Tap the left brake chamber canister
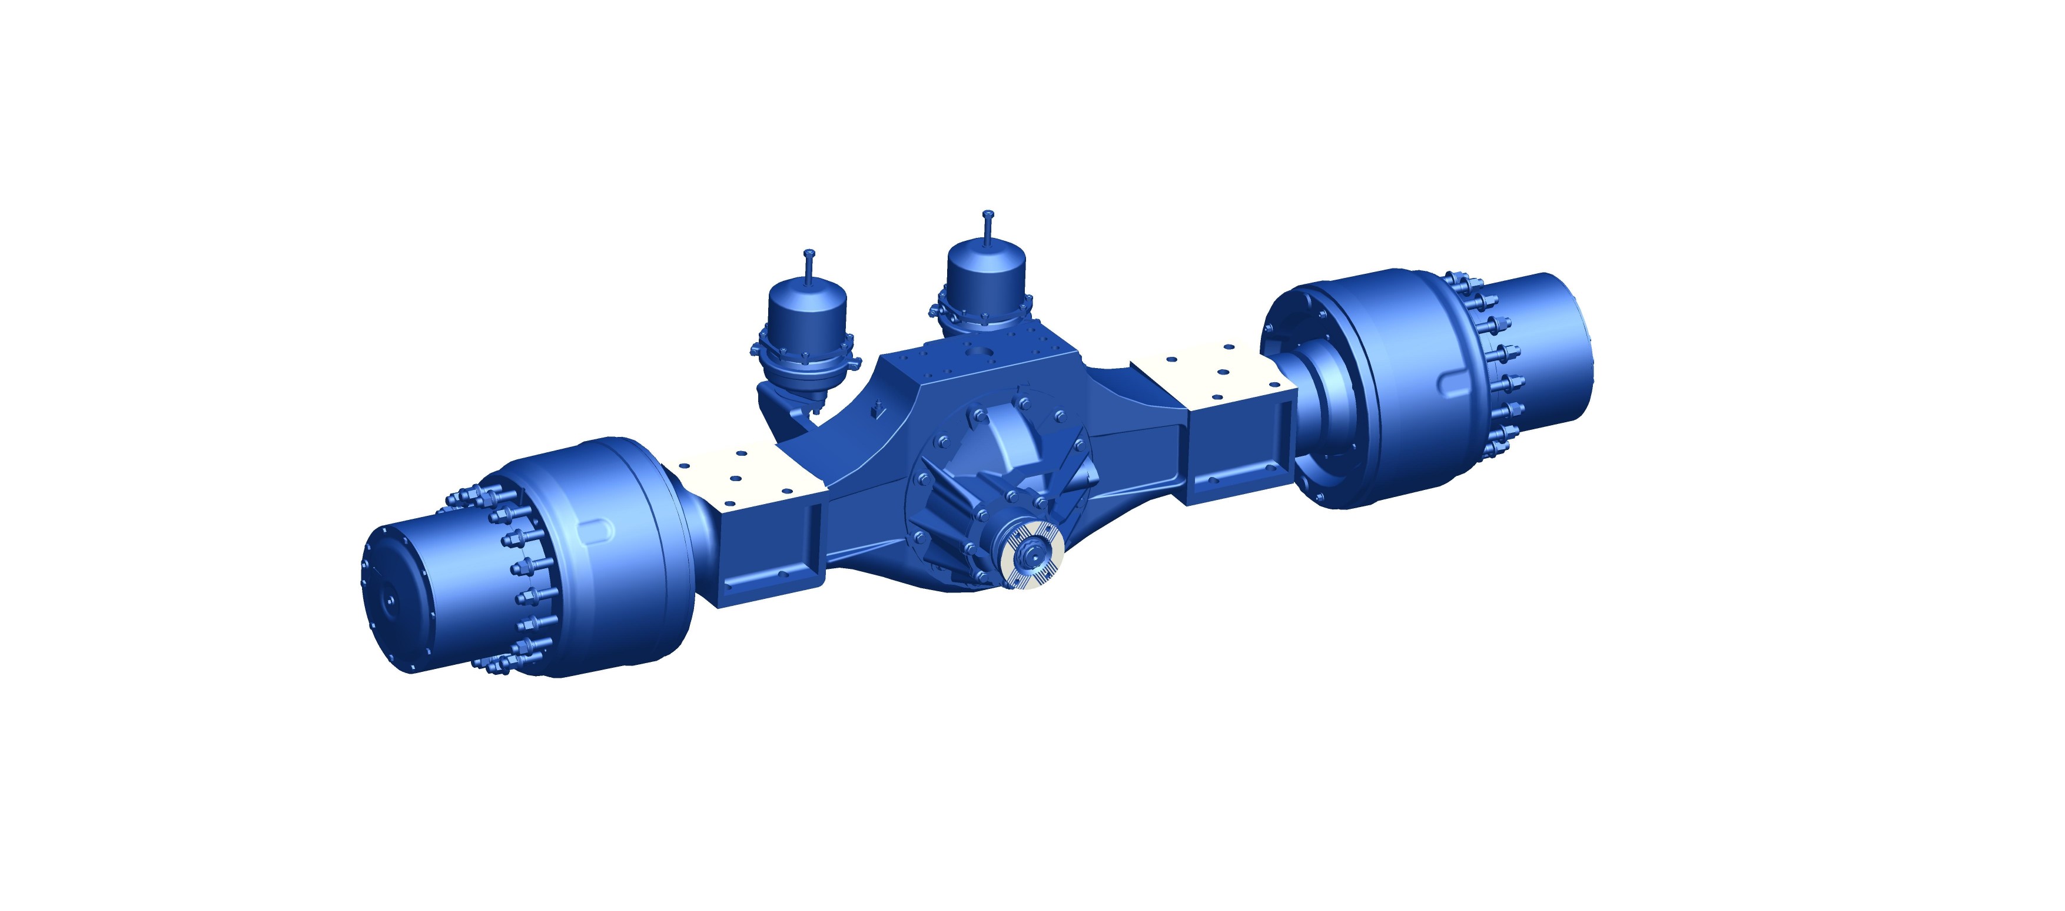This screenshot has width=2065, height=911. [807, 313]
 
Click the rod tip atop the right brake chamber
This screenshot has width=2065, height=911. [988, 215]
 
